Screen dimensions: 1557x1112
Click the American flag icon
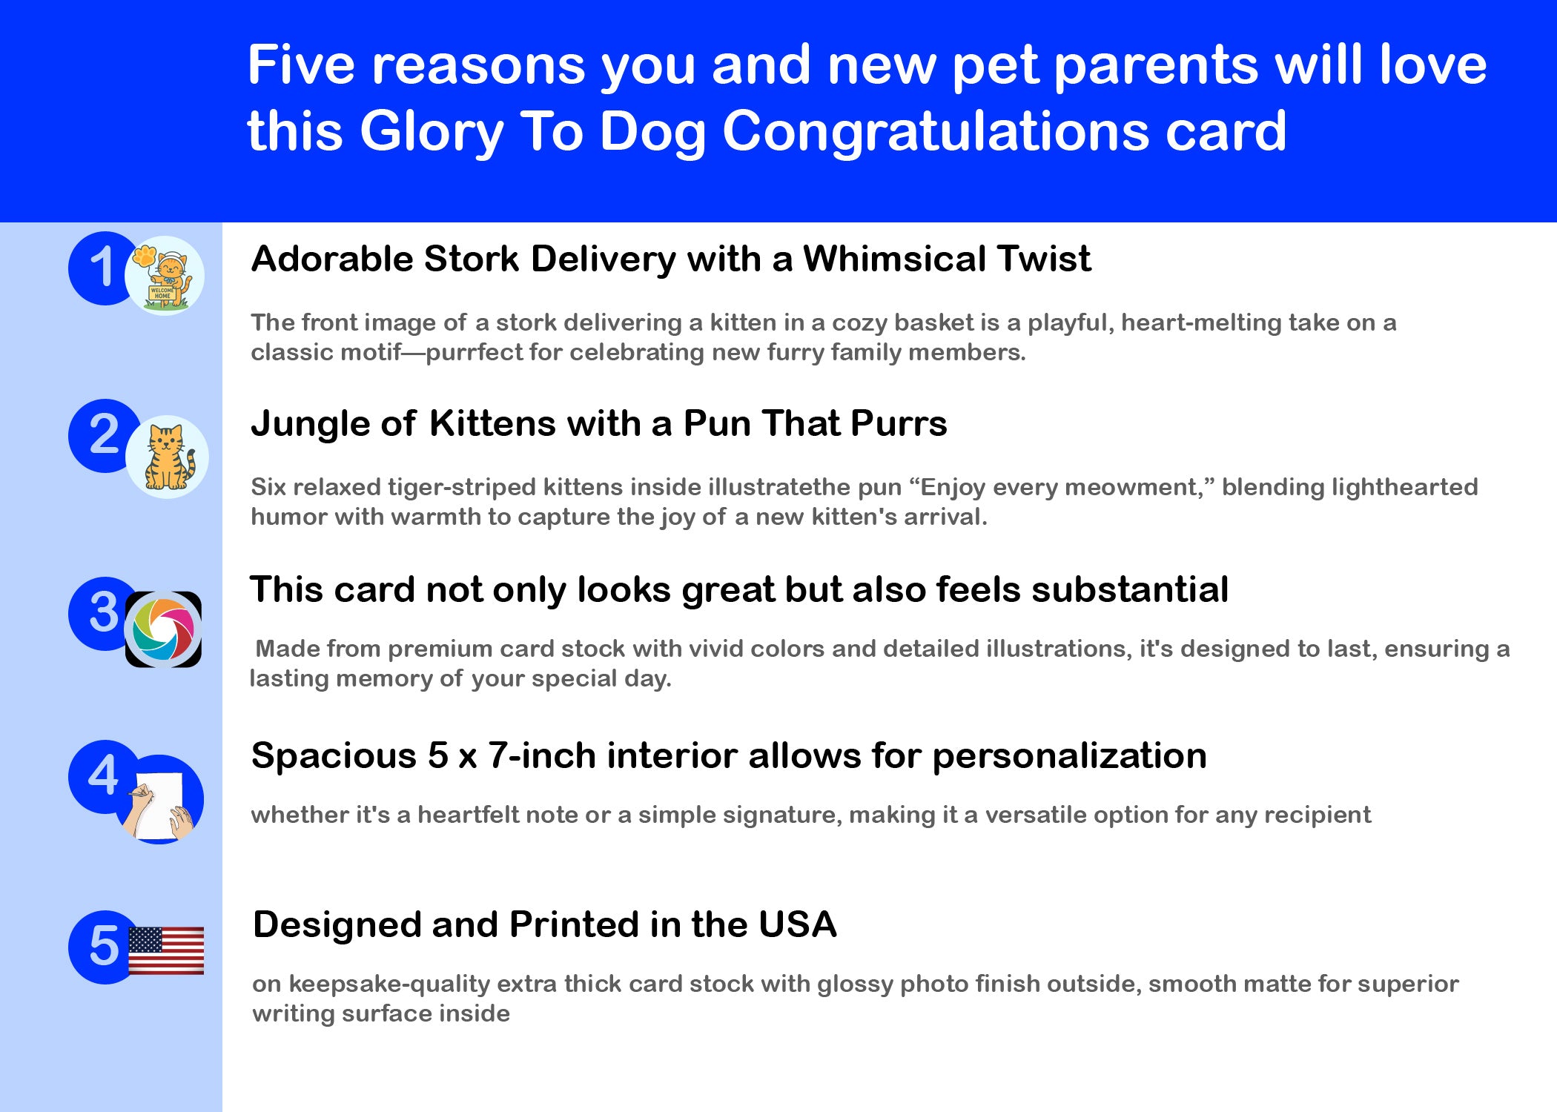[166, 950]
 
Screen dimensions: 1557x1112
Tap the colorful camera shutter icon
[163, 629]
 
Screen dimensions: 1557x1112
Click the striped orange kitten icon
[168, 457]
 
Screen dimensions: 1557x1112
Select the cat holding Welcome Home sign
[165, 276]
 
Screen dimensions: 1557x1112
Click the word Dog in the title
[652, 131]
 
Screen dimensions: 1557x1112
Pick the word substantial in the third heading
[1130, 589]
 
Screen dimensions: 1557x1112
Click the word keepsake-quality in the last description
[389, 984]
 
